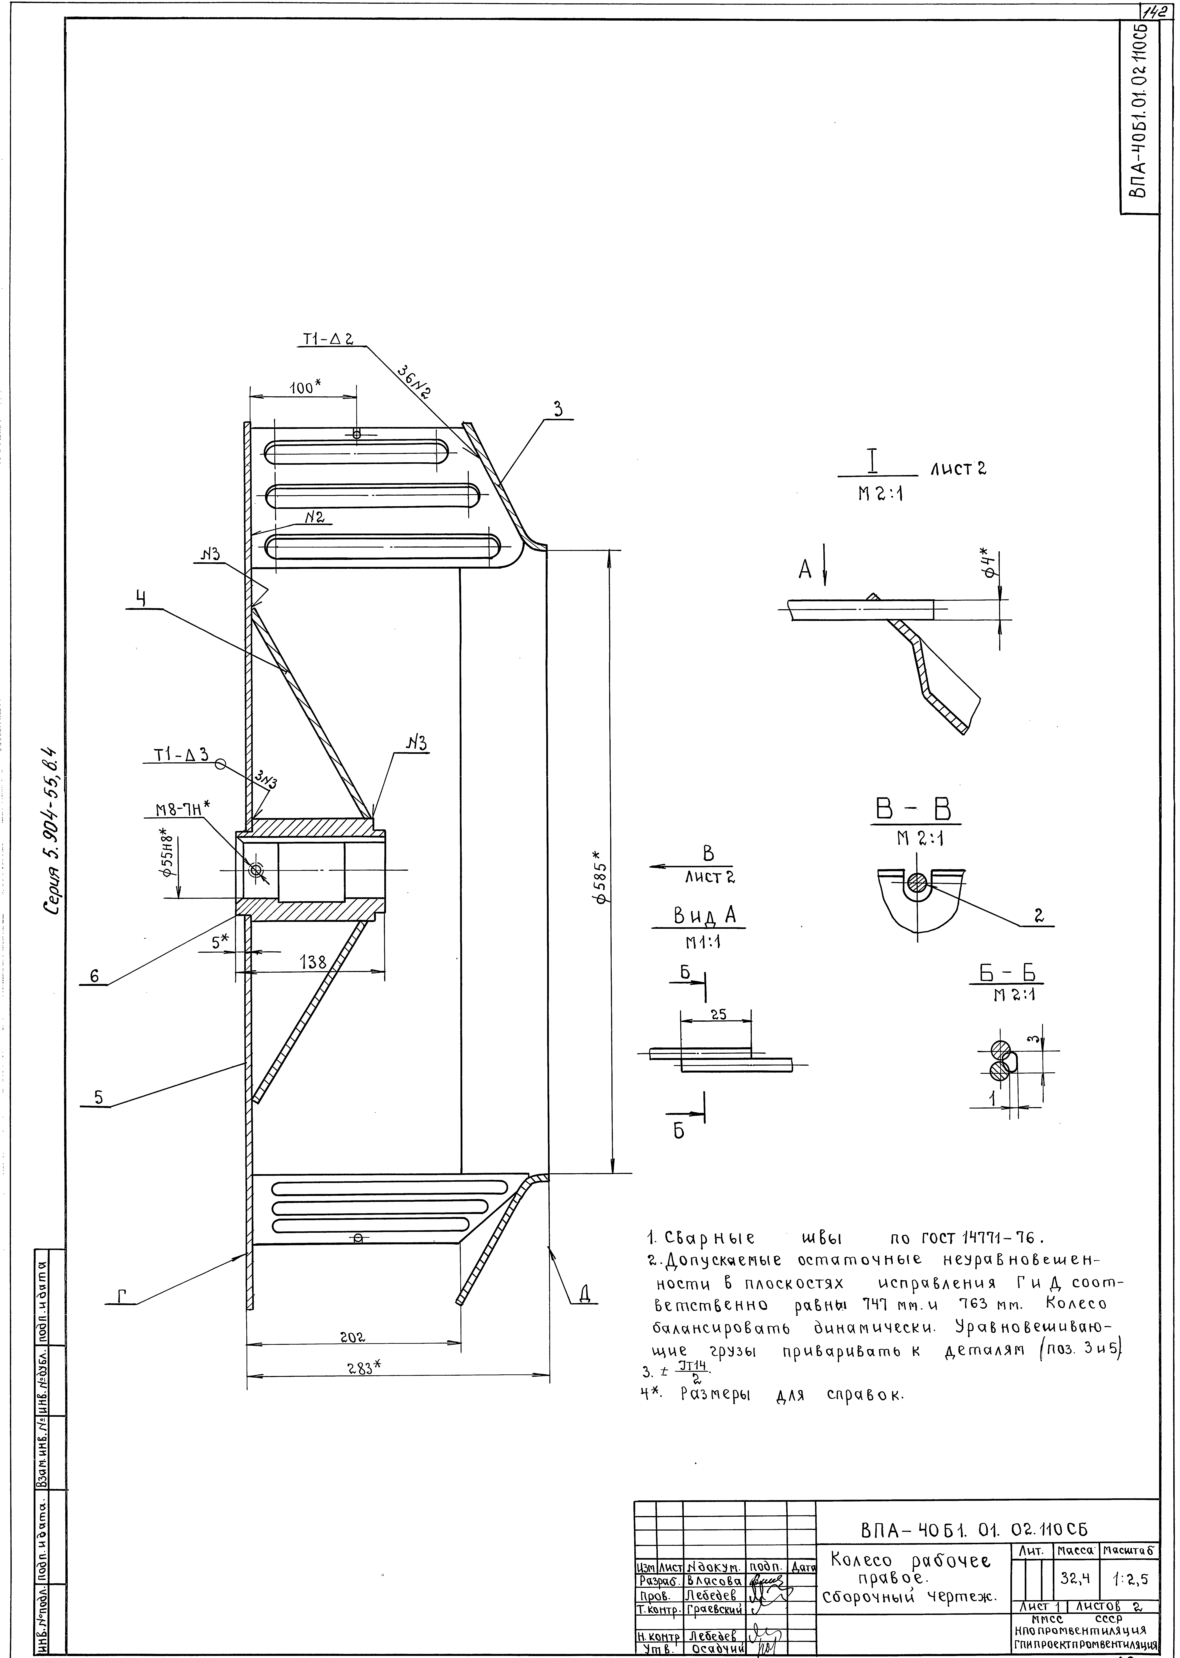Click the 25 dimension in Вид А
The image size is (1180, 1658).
coord(718,1015)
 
